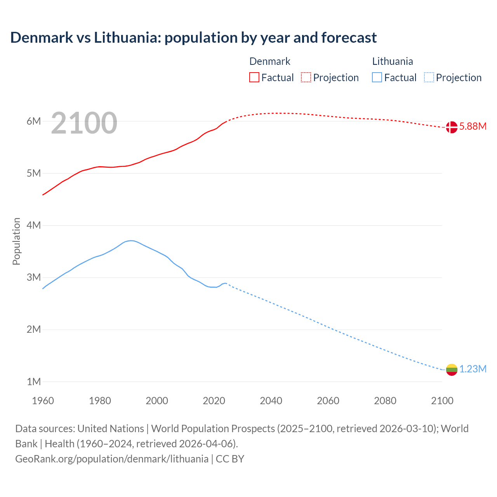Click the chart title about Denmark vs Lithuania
point(193,38)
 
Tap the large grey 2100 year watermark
point(84,123)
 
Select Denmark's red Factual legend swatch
point(254,77)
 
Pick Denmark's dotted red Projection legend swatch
point(306,77)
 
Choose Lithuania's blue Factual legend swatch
point(377,77)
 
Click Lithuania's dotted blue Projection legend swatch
point(429,77)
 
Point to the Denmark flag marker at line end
point(452,127)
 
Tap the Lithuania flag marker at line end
point(452,370)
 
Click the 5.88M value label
point(473,127)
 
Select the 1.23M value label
point(473,369)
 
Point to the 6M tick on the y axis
point(34,122)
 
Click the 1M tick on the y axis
point(34,382)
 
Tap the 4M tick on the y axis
point(34,226)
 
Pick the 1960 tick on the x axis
point(43,401)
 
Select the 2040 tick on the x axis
point(271,401)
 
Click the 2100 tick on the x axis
point(442,401)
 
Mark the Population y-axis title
point(16,241)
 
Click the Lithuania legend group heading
point(393,61)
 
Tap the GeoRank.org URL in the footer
point(112,459)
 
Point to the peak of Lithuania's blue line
point(131,241)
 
